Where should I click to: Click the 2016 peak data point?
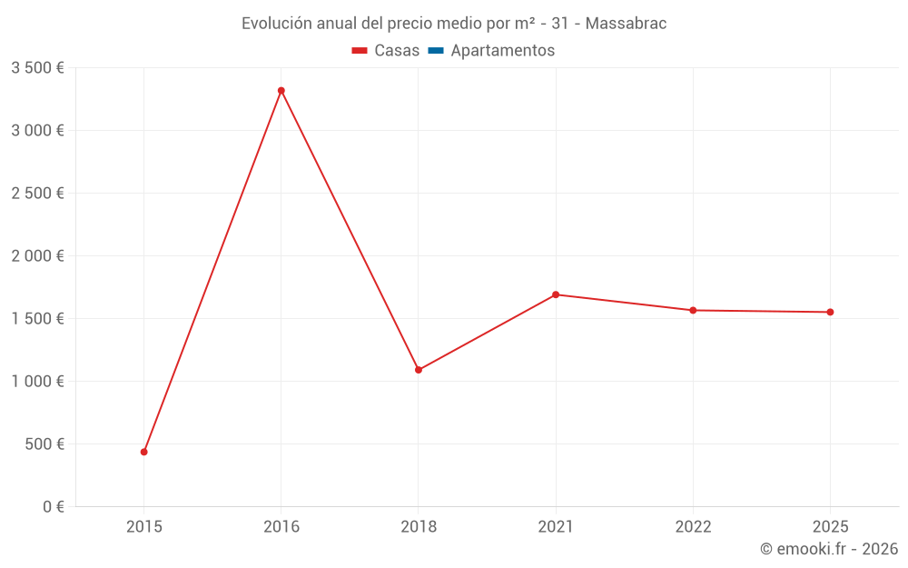(x=281, y=91)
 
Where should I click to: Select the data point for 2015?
(x=144, y=452)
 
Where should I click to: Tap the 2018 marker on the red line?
(x=419, y=370)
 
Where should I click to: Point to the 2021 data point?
(x=556, y=294)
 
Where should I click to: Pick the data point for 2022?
(x=693, y=311)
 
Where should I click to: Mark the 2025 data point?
(x=830, y=313)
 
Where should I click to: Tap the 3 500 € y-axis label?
(x=37, y=68)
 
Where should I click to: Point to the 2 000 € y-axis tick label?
(x=37, y=256)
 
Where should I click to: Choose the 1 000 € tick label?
(x=37, y=382)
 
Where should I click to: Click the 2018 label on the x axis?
(x=419, y=527)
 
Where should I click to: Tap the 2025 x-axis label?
(x=830, y=527)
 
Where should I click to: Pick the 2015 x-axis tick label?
(x=144, y=527)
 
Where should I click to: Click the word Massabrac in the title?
(x=626, y=24)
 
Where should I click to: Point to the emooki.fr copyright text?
(x=829, y=549)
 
